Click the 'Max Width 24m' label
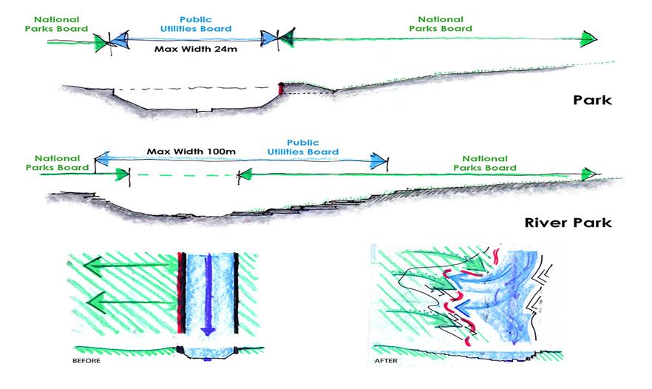[196, 49]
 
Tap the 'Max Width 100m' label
[191, 152]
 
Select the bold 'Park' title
[592, 100]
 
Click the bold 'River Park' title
[568, 223]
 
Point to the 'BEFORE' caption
[86, 361]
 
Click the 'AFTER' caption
[386, 361]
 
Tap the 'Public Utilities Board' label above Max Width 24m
[195, 24]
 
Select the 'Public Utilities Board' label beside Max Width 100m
[303, 147]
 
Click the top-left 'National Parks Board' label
[56, 24]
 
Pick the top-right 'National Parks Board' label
[441, 24]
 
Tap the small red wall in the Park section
[281, 88]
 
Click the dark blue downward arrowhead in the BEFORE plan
[208, 331]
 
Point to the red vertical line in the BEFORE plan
[179, 293]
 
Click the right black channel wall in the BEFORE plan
[237, 293]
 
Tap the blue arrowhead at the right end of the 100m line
[378, 161]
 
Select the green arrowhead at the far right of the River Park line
[588, 174]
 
